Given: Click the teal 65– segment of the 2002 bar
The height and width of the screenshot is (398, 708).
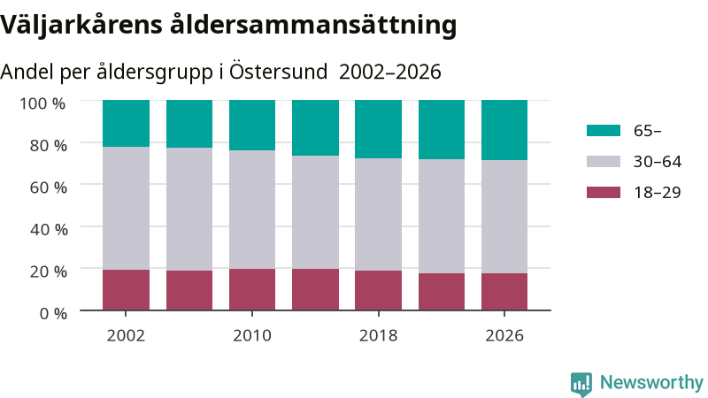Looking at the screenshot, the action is (x=126, y=123).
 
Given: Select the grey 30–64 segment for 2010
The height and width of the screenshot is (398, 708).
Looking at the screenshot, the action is (x=252, y=210).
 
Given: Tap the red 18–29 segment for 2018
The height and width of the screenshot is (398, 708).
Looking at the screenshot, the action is (x=379, y=290).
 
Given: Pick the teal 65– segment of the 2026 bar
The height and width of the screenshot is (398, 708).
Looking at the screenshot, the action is (x=504, y=130).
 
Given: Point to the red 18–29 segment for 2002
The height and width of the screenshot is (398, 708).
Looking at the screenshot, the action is (x=126, y=290).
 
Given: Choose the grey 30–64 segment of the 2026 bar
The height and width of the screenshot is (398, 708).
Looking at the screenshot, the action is (x=504, y=217).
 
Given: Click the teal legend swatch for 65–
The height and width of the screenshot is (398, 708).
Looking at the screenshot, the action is (x=604, y=130).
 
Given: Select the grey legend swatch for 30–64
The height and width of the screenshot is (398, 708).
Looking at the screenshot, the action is (x=604, y=162).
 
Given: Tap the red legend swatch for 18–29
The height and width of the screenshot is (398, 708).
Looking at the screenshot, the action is (x=604, y=192).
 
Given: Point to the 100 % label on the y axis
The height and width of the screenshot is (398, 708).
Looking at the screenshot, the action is (x=42, y=103).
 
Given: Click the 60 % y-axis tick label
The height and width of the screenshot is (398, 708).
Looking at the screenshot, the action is (x=49, y=188).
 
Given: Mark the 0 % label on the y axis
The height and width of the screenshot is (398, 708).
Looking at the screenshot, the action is (x=53, y=313).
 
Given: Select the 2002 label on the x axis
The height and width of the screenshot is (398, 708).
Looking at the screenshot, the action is (x=126, y=335).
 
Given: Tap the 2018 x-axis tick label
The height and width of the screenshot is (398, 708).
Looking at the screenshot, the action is (x=379, y=335).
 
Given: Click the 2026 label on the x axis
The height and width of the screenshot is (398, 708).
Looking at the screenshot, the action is (x=504, y=335).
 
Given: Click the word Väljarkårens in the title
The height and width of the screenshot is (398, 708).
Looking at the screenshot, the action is (x=81, y=25).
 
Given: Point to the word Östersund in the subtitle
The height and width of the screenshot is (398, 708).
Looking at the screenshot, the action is (x=278, y=72).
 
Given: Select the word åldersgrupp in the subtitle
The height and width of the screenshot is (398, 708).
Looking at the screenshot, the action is (x=154, y=73).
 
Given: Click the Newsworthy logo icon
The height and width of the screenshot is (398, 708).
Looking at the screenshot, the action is (x=581, y=384).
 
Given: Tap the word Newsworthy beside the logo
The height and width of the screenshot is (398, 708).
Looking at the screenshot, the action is (x=651, y=383).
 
